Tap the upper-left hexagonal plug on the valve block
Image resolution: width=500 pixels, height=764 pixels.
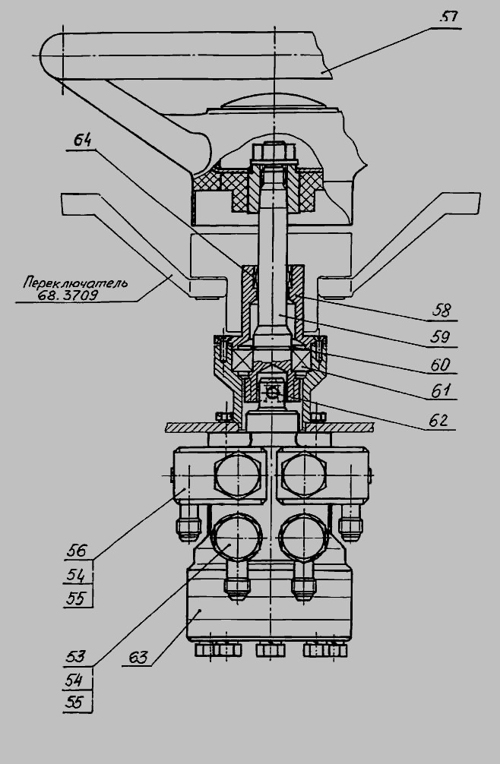[x=238, y=475]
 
